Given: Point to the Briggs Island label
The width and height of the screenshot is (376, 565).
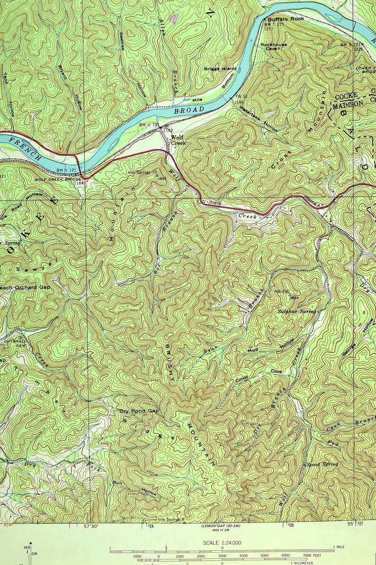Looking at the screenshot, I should click(x=220, y=69).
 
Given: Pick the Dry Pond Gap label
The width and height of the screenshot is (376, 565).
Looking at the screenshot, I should click(x=139, y=411).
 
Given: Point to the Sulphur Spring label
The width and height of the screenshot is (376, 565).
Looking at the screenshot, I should click(x=296, y=311).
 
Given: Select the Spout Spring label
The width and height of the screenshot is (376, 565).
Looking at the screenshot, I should click(x=322, y=464).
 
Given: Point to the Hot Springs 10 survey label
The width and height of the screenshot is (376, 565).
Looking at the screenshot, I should click(x=143, y=172).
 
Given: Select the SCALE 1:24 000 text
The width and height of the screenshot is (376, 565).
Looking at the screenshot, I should click(x=222, y=543).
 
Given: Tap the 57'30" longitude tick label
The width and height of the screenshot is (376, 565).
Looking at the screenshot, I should click(x=93, y=526).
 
